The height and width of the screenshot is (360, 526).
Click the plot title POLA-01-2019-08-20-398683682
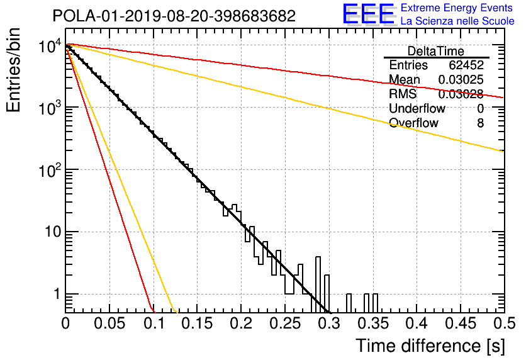(x=174, y=16)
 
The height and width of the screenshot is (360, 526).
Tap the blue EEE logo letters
(x=368, y=14)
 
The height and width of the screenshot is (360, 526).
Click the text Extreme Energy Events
(x=457, y=8)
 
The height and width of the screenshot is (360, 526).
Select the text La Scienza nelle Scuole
(x=457, y=21)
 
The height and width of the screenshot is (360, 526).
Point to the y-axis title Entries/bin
(x=13, y=70)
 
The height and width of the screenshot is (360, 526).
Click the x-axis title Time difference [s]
(x=430, y=346)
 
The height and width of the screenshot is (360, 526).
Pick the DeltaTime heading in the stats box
(x=436, y=52)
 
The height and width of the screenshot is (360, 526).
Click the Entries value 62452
(x=466, y=65)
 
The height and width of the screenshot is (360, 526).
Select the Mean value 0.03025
(x=461, y=79)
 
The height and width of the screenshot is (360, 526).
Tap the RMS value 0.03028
(x=461, y=94)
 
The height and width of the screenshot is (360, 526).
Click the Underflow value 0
(x=480, y=108)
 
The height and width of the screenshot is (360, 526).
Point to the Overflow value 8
(x=480, y=123)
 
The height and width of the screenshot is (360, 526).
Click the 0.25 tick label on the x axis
(x=285, y=323)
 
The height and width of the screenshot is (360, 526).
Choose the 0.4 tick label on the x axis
(x=417, y=323)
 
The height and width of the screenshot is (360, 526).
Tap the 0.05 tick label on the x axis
(x=109, y=323)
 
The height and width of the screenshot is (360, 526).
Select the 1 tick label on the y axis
(x=57, y=295)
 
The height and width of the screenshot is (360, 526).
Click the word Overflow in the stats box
(x=413, y=123)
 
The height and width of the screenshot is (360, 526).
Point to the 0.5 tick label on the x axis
(x=504, y=323)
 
